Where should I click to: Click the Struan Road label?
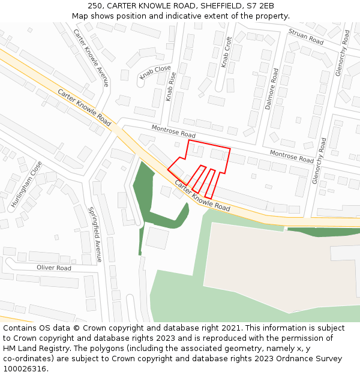[305, 37]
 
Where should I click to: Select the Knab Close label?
[155, 73]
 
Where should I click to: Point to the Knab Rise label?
[172, 86]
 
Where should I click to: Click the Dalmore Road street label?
[271, 89]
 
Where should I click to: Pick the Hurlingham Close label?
[26, 184]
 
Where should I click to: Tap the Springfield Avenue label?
[96, 234]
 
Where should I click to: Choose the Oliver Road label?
[54, 268]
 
